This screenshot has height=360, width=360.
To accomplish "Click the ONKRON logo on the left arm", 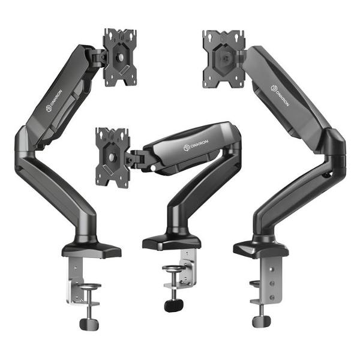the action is tap(54, 101).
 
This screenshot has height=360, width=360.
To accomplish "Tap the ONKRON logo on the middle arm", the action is tap(196, 145).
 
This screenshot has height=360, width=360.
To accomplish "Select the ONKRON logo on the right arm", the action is tap(280, 95).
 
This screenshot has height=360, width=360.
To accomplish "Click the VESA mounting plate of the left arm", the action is tap(120, 58).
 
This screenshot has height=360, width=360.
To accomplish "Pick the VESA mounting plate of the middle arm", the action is tap(113, 157).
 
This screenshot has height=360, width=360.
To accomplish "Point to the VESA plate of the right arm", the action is tap(224, 59).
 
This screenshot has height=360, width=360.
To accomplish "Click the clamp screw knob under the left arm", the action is tap(89, 324).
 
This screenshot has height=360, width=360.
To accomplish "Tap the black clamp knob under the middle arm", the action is tap(174, 305).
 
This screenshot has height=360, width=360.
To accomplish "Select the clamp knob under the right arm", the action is tap(261, 322).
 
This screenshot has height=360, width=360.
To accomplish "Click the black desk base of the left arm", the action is tap(91, 250).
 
